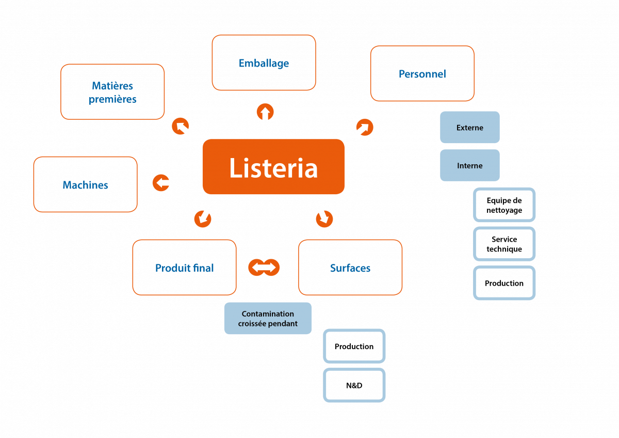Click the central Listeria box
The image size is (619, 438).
click(x=273, y=166)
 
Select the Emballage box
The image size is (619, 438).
click(x=264, y=62)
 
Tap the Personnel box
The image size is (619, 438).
click(x=422, y=73)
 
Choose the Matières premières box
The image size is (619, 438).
click(x=112, y=92)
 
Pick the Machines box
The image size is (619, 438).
click(x=86, y=184)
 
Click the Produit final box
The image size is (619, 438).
click(x=184, y=268)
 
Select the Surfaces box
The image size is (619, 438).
click(x=350, y=268)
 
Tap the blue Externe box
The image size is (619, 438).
click(x=470, y=127)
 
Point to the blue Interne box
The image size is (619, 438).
click(x=470, y=165)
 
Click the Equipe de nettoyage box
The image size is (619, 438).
click(x=504, y=205)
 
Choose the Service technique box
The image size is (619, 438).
click(x=504, y=244)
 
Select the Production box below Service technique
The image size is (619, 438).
click(x=504, y=283)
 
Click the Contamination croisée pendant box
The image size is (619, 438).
click(x=268, y=318)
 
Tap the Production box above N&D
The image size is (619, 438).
click(x=354, y=346)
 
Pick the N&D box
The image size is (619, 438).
click(x=354, y=385)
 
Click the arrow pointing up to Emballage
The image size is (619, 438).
click(x=265, y=112)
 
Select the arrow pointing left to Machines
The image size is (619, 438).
click(x=161, y=183)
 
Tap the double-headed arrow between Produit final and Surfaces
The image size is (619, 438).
click(x=264, y=267)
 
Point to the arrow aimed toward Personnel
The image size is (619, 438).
click(x=365, y=127)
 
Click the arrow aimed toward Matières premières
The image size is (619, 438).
click(x=181, y=126)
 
